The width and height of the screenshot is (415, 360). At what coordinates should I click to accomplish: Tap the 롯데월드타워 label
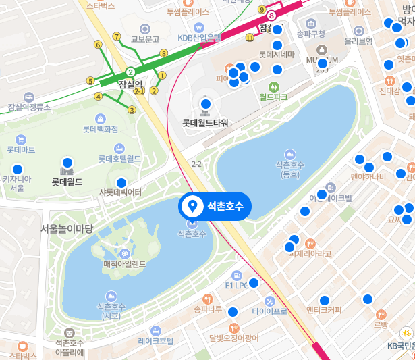pos(206,123)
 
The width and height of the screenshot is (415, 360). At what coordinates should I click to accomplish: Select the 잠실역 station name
pos(130,84)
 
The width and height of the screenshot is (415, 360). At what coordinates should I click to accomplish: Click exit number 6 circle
pos(98,45)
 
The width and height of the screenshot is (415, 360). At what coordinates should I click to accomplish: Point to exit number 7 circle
pos(117,36)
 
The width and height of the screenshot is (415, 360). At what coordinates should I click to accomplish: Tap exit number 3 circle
pos(132,110)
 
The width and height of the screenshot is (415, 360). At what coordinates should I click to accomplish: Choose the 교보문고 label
pos(144,38)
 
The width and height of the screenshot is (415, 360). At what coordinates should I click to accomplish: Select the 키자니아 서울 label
pos(18,183)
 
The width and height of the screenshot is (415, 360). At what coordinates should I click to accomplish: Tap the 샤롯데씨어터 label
pos(121,192)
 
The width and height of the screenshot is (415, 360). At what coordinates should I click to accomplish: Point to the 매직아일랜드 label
pos(124,263)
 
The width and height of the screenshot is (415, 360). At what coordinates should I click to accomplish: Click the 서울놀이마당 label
pos(67,228)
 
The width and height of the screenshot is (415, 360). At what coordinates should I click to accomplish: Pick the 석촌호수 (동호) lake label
pos(290,170)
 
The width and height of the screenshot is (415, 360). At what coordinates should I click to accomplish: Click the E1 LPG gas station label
pos(237,285)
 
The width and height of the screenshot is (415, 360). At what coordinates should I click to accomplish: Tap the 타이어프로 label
pos(270,311)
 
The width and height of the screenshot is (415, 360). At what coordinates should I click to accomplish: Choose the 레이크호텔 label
pos(156,341)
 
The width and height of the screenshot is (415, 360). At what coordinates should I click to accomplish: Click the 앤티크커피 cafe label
pos(324,310)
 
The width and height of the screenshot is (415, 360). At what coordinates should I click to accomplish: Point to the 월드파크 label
pos(274,97)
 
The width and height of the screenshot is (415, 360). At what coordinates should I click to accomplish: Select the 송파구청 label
pos(310,34)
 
